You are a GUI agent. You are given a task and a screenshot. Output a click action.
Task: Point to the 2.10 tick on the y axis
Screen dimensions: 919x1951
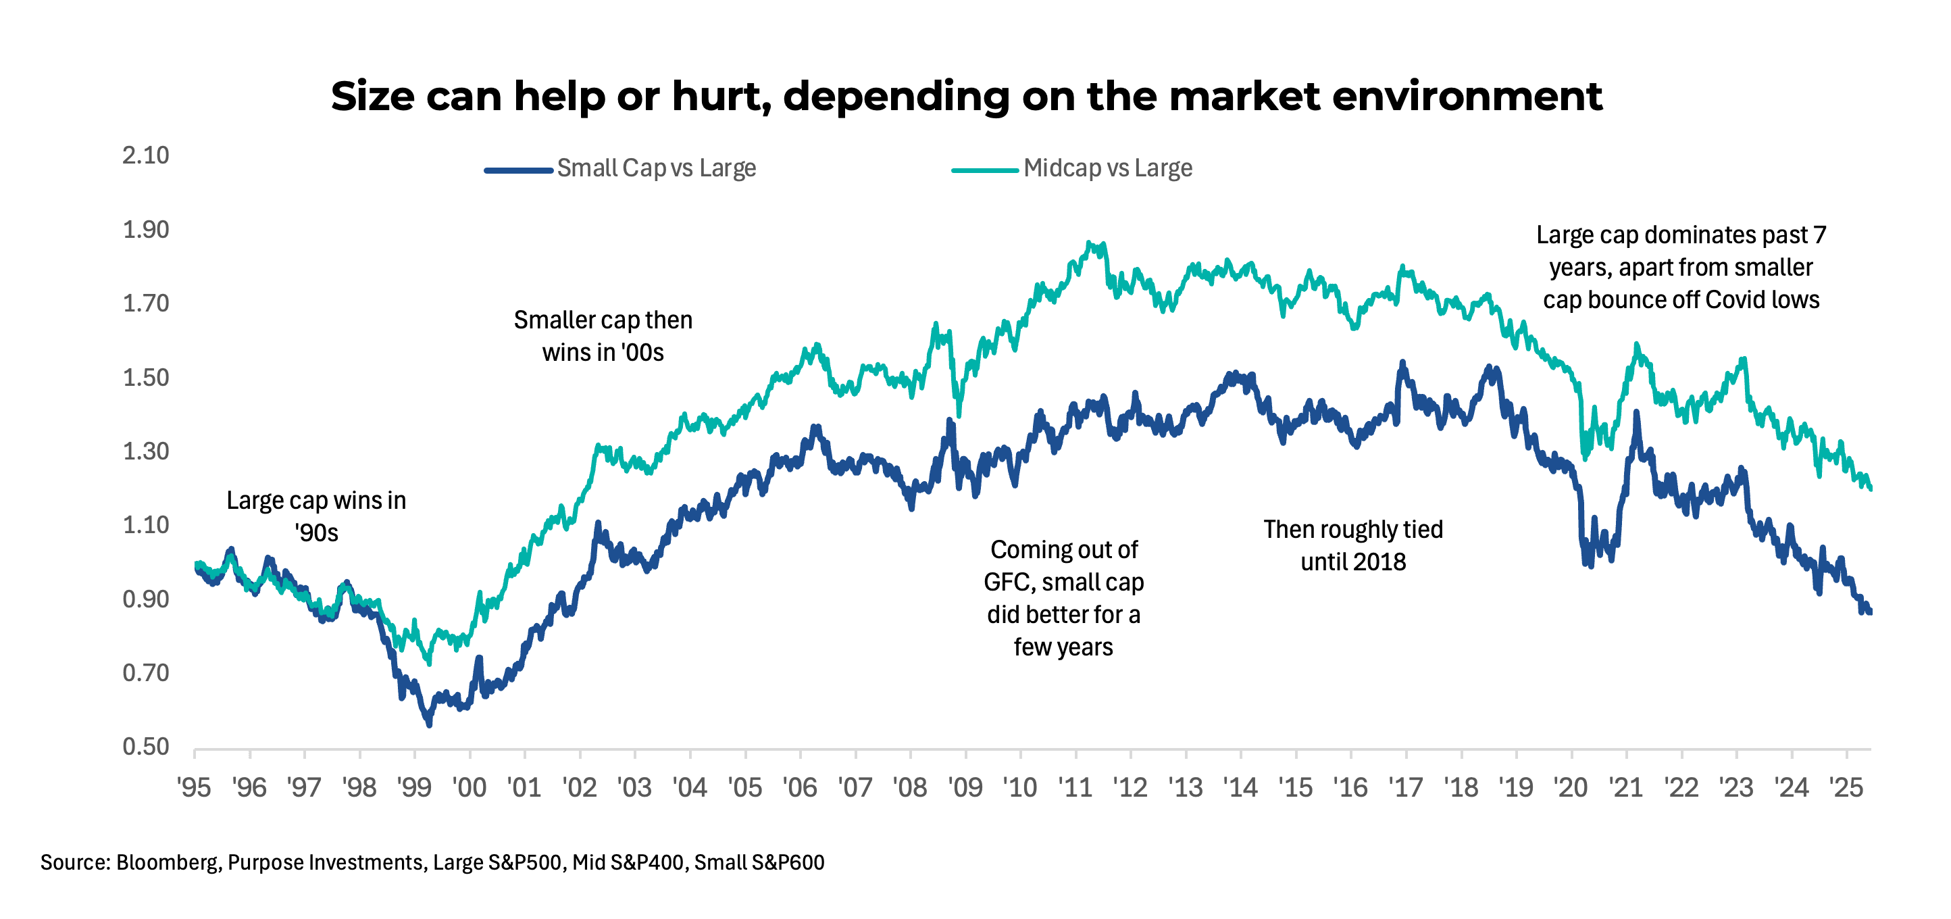tap(145, 155)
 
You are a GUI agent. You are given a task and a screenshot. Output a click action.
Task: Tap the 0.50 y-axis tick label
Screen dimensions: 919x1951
tap(145, 746)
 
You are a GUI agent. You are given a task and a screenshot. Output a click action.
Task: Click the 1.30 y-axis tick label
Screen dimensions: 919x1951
tap(145, 451)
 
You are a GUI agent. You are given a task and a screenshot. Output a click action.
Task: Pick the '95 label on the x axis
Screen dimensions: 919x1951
tap(194, 788)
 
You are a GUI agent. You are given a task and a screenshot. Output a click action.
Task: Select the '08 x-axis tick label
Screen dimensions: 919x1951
tap(909, 788)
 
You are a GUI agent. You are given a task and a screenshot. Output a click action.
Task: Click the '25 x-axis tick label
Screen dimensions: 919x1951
tap(1846, 788)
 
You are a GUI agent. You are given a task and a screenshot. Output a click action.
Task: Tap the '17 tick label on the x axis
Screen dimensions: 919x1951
tap(1406, 788)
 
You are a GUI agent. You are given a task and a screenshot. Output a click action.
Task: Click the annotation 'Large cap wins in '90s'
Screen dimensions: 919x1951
tap(316, 516)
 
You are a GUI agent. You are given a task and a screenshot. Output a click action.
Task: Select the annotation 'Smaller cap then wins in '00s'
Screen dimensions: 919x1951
tap(603, 336)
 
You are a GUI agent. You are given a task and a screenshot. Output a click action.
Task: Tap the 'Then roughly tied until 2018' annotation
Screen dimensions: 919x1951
tap(1352, 545)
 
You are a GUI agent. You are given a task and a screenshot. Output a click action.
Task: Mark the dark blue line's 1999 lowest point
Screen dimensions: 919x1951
tap(429, 725)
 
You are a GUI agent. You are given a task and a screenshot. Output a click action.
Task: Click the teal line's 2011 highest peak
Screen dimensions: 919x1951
tap(1088, 243)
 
